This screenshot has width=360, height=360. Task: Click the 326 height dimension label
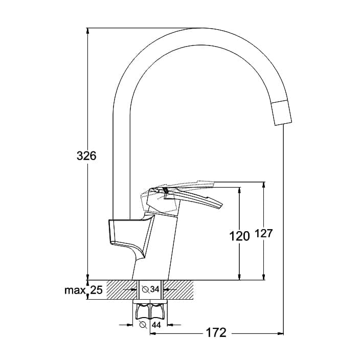(86, 156)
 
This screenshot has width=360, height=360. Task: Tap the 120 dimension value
(239, 236)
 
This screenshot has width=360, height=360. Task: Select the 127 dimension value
(263, 234)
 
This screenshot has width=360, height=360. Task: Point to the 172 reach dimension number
(216, 332)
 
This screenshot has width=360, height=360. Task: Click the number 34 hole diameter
(155, 289)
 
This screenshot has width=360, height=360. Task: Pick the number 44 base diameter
(156, 325)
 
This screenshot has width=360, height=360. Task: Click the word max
(75, 290)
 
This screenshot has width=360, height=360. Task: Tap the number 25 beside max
(97, 290)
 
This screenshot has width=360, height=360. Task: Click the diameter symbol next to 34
(145, 289)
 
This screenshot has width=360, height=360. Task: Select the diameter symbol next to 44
(143, 325)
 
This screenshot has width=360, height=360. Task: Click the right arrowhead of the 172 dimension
(281, 333)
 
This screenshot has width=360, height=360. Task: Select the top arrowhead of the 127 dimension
(264, 185)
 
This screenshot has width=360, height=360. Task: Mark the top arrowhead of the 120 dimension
(239, 190)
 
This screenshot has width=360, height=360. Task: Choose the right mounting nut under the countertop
(157, 311)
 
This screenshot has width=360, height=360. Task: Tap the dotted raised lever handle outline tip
(213, 183)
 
